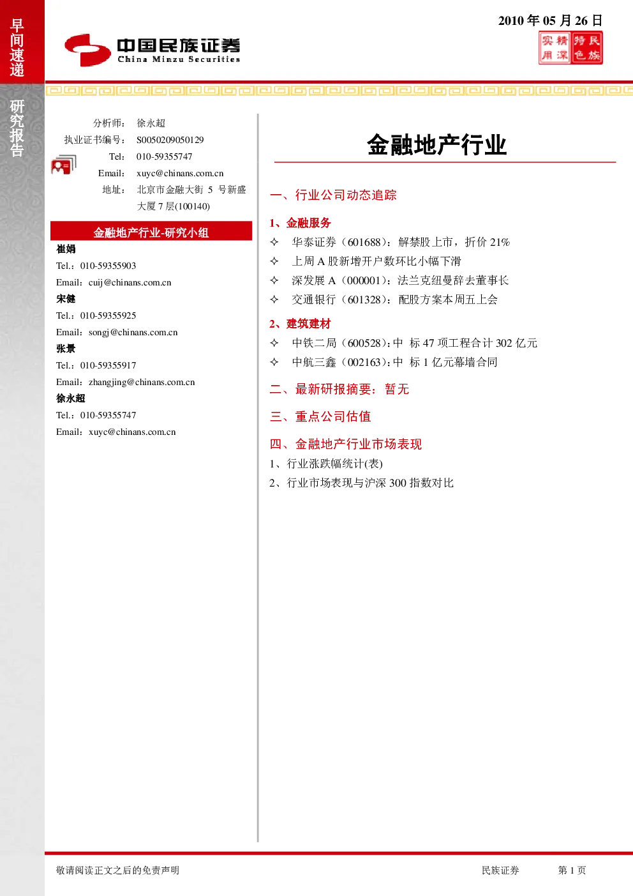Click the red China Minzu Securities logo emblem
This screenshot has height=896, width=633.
(x=87, y=50)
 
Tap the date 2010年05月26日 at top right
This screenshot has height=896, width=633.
(x=550, y=20)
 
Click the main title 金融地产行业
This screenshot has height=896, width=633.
(x=437, y=144)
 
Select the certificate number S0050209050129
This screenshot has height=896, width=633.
(x=170, y=140)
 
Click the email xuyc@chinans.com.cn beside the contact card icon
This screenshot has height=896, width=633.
(x=180, y=173)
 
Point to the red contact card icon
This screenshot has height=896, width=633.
(x=63, y=165)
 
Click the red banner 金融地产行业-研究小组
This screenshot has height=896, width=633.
(x=151, y=232)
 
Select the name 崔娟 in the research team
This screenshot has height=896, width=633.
(x=66, y=249)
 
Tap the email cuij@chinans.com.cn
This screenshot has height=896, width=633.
(x=130, y=282)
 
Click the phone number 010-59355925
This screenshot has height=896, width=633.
(x=108, y=315)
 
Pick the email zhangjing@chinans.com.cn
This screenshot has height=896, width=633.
(x=142, y=382)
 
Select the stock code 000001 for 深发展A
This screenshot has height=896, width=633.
(x=363, y=280)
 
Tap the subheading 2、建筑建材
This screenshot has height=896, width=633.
(x=300, y=324)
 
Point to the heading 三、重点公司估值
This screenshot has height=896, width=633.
(x=320, y=416)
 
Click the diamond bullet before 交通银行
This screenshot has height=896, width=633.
(x=274, y=300)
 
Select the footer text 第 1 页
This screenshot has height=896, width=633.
(x=572, y=870)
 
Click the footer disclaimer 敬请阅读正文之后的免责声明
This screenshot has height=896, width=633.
(x=118, y=870)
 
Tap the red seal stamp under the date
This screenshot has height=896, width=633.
(x=570, y=48)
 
